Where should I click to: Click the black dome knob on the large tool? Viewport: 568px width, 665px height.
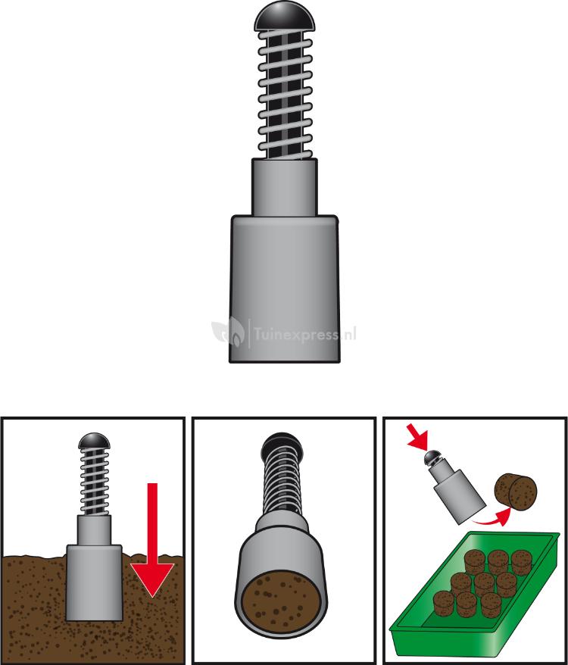[285, 17]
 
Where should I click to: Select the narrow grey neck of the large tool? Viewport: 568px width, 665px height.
[284, 187]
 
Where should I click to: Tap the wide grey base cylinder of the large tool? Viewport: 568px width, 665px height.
[284, 289]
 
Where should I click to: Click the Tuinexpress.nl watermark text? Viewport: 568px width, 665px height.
[304, 334]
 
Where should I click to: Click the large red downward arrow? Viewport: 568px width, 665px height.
[152, 539]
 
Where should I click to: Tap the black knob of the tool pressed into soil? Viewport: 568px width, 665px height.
[94, 441]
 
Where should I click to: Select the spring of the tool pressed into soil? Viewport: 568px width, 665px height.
[94, 482]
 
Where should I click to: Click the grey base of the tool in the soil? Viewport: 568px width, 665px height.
[94, 582]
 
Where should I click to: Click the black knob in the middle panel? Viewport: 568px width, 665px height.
[282, 445]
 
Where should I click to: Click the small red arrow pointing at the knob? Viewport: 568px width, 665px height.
[417, 436]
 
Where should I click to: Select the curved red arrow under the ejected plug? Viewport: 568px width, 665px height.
[492, 517]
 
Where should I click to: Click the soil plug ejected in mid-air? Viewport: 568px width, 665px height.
[516, 492]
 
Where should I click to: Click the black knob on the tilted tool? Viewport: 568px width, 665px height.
[433, 457]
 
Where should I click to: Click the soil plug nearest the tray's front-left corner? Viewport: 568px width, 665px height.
[444, 604]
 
